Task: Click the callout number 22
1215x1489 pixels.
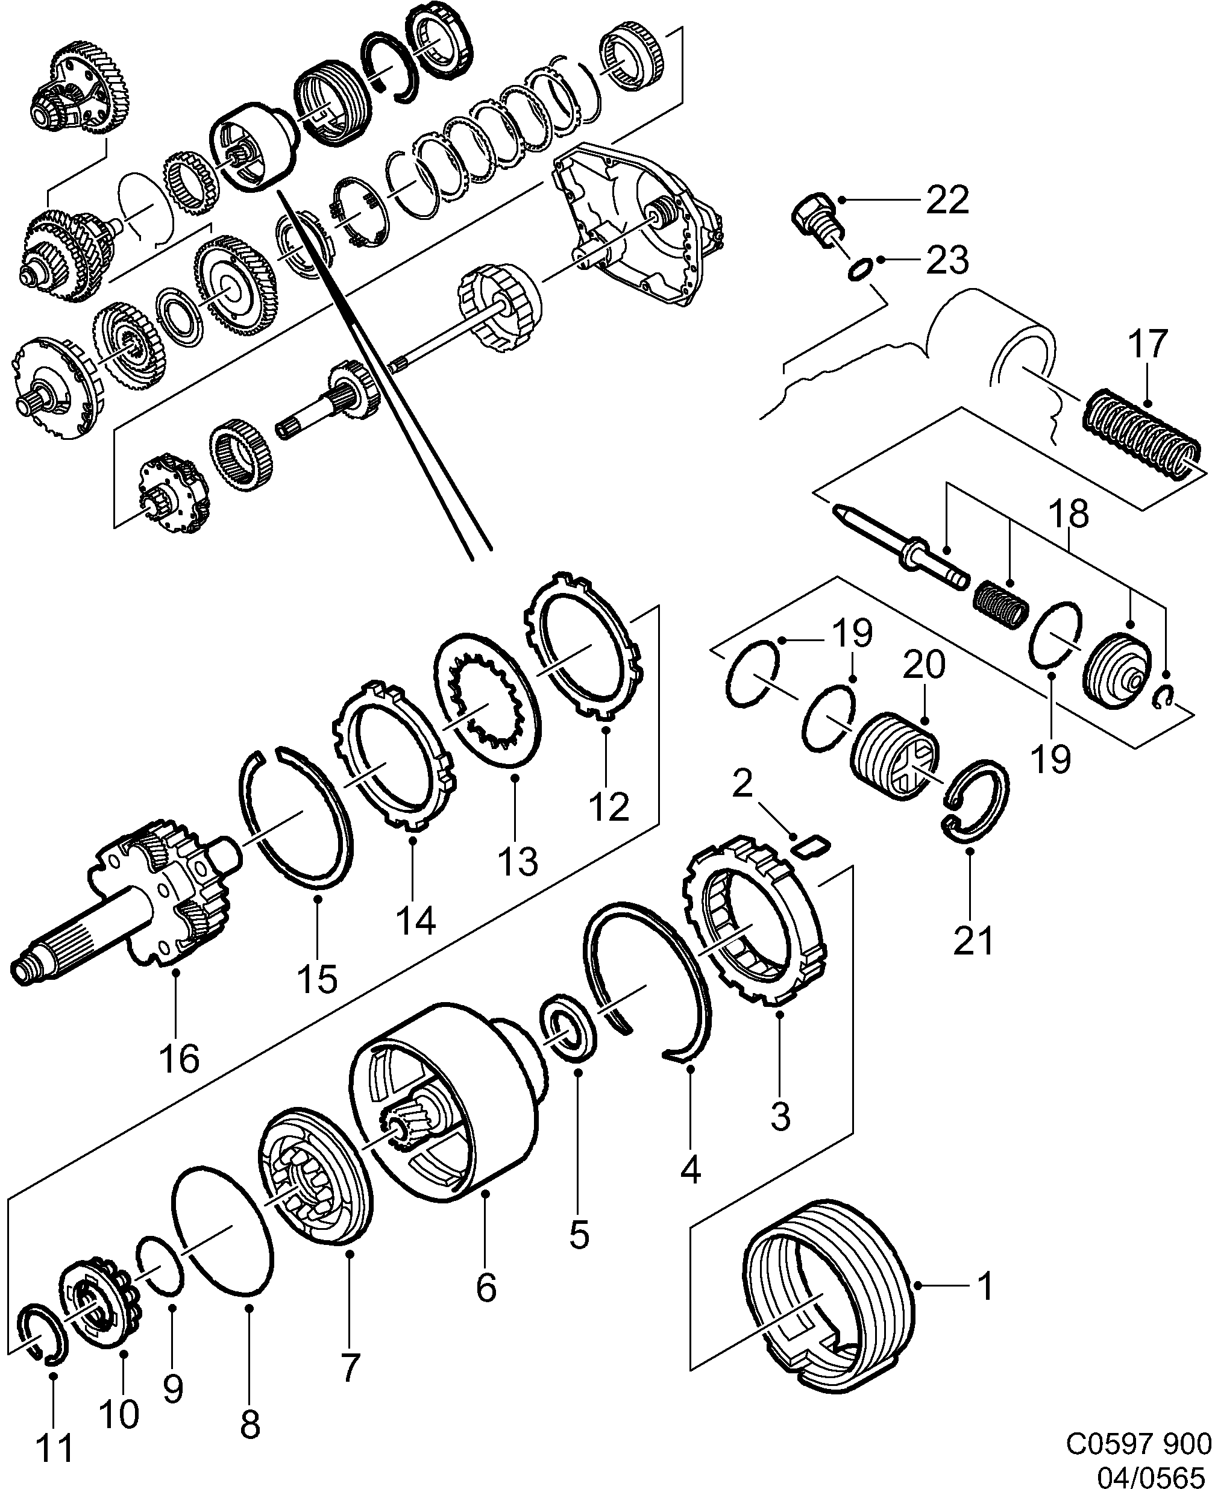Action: click(947, 201)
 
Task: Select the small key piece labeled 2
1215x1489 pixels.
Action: click(811, 847)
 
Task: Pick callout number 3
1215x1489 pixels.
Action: click(780, 1115)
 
